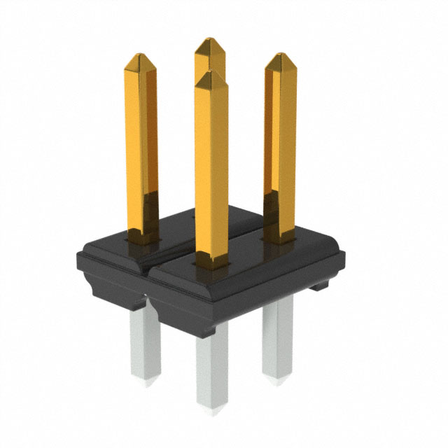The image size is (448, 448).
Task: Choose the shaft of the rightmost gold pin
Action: (x=280, y=140)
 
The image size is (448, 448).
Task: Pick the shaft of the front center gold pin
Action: (x=211, y=168)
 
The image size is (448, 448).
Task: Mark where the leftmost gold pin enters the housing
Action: (x=143, y=239)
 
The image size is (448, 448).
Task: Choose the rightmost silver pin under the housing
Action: (x=277, y=336)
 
